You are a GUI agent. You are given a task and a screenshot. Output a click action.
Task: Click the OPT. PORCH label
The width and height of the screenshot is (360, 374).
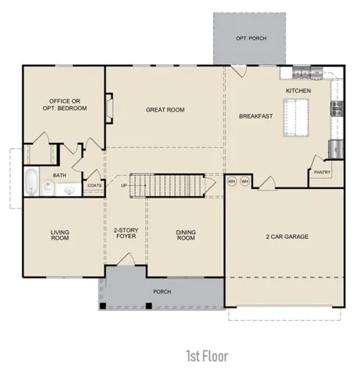251,38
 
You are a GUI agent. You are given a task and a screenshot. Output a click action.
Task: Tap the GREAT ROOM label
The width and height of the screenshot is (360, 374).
165,110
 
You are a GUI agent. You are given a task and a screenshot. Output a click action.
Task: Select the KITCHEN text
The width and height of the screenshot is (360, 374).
298,91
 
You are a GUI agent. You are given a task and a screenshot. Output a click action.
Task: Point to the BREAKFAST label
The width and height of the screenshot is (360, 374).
256,116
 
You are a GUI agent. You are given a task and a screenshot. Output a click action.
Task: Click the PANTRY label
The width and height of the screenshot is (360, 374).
322,172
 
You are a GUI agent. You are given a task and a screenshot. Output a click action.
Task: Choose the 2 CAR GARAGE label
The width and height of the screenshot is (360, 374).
287,237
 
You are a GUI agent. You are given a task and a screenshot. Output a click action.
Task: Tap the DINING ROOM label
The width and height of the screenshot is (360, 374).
186,235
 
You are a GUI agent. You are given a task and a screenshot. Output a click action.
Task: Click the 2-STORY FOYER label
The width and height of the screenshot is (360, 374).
126,233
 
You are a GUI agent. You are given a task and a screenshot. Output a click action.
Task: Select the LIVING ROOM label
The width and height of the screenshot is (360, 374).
60,235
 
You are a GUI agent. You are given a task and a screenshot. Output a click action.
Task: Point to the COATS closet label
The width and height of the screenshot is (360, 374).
94,185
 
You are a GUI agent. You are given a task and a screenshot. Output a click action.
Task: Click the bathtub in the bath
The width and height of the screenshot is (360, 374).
31,182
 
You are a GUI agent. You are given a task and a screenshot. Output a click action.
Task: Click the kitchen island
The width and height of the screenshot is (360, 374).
296,117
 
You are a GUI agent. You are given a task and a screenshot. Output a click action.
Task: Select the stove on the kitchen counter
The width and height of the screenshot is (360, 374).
337,109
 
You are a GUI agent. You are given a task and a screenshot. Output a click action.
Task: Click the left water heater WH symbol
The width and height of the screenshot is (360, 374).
232,181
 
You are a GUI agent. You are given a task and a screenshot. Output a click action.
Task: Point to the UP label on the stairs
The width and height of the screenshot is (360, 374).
124,186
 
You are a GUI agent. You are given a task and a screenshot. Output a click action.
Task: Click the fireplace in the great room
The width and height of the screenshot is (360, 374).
109,108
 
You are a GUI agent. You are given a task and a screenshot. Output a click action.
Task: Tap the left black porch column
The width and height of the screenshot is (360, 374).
103,306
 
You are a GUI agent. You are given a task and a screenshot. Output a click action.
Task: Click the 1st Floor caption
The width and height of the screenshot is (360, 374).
207,356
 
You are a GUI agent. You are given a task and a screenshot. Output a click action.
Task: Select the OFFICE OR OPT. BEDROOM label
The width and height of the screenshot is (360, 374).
65,105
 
